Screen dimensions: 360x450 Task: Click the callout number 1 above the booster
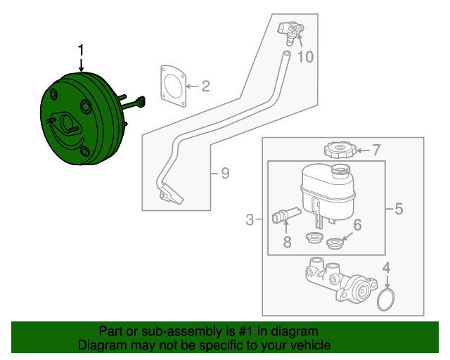(x=82, y=50)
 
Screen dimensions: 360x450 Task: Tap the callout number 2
(x=205, y=87)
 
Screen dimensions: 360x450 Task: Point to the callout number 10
(x=304, y=57)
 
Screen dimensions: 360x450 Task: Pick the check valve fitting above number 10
(x=293, y=30)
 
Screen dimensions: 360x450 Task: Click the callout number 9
(x=224, y=173)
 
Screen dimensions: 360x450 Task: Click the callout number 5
(x=398, y=208)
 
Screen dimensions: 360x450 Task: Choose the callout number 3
(x=250, y=221)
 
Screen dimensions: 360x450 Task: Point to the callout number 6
(x=356, y=225)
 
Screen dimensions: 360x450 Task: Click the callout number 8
(x=287, y=243)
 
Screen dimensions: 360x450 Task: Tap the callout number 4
(x=385, y=267)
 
